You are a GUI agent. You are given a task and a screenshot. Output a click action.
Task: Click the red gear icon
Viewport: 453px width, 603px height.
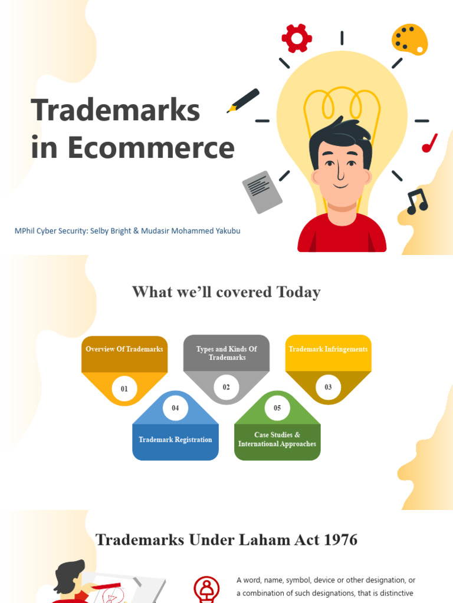pos(296,39)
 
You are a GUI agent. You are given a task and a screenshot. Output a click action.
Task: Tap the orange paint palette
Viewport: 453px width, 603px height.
pos(409,39)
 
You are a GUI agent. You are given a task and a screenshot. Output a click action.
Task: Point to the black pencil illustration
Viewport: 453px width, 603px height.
pos(243,101)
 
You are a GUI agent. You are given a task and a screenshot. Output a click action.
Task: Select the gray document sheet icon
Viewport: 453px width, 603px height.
pos(262,192)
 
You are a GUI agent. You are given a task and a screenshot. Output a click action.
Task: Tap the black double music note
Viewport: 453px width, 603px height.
pos(417,201)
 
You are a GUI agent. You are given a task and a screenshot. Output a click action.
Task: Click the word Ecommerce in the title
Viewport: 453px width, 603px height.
pos(150,148)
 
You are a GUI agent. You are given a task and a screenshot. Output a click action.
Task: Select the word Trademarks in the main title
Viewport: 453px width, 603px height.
pos(116,111)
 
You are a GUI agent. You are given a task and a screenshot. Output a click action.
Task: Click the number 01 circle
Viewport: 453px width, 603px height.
pos(124,389)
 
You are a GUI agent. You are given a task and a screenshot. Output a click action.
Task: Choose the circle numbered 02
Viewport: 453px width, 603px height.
pos(226,387)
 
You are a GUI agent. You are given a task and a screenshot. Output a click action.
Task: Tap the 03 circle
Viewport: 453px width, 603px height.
pos(329,387)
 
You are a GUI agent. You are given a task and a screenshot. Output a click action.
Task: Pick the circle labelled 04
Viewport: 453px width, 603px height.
pos(175,407)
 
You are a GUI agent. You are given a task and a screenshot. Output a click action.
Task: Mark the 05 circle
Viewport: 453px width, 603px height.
pos(277,407)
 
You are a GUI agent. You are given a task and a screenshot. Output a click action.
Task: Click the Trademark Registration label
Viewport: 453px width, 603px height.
pos(175,440)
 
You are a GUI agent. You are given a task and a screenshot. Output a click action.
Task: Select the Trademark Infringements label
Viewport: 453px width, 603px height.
pos(328,349)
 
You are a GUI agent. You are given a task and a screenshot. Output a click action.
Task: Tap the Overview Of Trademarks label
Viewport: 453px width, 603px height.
pos(124,349)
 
